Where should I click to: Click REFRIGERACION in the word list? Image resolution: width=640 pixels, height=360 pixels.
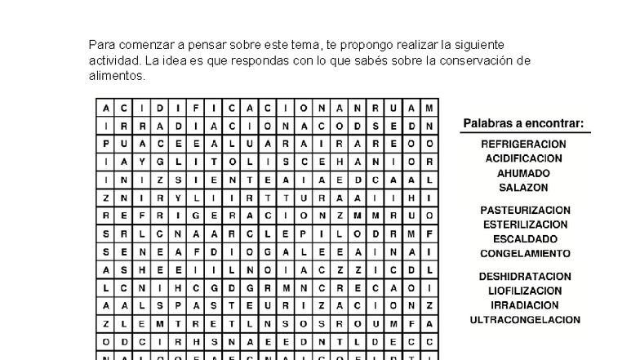[x=523, y=144]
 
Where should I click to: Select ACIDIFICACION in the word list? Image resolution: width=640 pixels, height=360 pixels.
[x=523, y=158]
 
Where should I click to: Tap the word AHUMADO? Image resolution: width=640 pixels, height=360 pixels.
[x=523, y=173]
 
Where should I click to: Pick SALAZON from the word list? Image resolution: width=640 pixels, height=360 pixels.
[x=523, y=188]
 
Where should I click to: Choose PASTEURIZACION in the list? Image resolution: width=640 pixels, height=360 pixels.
[x=525, y=210]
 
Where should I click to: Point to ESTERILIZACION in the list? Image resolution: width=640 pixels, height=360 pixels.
[x=525, y=224]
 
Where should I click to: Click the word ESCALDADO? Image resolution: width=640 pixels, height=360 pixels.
[x=525, y=239]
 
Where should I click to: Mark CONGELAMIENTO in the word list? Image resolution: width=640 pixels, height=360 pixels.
[x=525, y=254]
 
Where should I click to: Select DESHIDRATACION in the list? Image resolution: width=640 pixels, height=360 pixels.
[x=525, y=277]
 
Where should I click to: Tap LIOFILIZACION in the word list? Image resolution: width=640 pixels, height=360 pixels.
[x=525, y=291]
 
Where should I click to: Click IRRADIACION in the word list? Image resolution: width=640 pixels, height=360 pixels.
[x=525, y=305]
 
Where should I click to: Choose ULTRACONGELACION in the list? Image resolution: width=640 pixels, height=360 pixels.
[x=525, y=320]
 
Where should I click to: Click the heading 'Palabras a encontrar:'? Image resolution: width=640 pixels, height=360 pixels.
[x=523, y=124]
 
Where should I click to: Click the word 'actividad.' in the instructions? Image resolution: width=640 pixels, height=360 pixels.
[x=116, y=60]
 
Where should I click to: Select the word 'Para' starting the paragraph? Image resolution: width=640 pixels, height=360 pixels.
[x=101, y=44]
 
